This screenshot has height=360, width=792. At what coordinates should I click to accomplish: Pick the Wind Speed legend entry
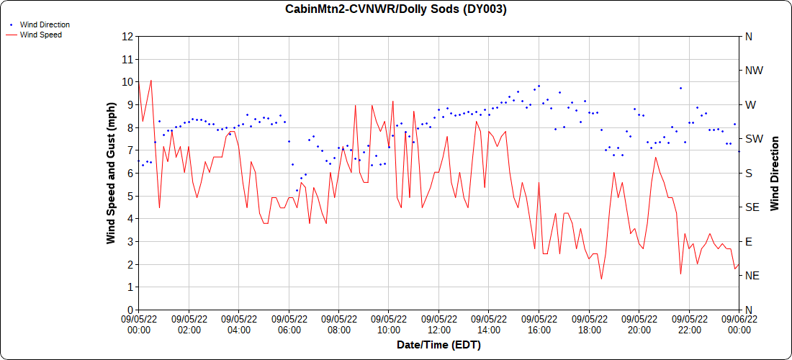[35, 35]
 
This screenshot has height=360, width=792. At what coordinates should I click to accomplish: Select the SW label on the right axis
[752, 139]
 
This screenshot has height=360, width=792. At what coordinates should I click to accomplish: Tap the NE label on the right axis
[752, 276]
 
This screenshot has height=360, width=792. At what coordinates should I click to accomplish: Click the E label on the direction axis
[748, 242]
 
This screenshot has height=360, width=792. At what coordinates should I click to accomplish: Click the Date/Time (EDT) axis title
[438, 346]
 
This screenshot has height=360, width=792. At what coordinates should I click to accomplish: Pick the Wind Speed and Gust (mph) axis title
[111, 174]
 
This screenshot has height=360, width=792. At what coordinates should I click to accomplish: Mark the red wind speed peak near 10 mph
[150, 81]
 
